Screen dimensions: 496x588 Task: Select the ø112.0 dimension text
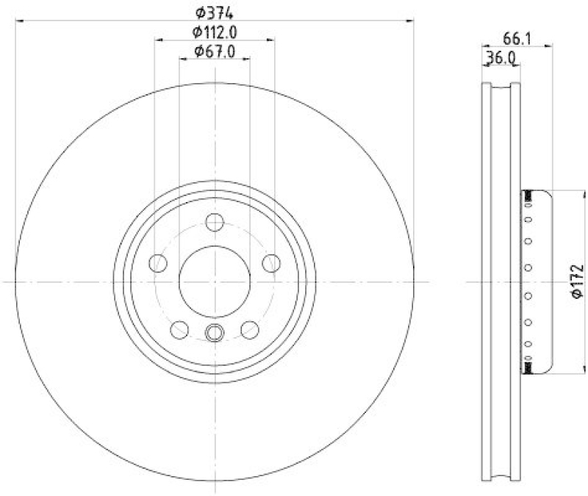point(215,32)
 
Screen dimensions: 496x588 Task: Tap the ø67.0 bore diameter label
point(215,51)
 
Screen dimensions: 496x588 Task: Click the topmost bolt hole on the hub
point(215,222)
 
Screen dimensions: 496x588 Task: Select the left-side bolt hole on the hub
point(158,262)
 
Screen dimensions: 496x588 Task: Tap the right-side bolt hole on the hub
point(271,262)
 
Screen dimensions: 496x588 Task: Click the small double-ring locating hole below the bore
point(215,333)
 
